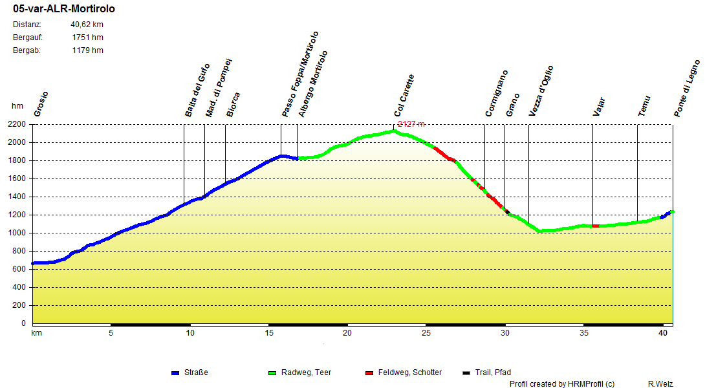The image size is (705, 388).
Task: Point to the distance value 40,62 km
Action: coord(87,25)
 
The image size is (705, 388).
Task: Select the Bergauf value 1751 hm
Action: coord(87,38)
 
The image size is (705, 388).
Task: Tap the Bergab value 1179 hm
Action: coord(87,50)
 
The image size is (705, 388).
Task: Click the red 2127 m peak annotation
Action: coord(411,124)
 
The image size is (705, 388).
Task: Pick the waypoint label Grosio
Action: coord(41,103)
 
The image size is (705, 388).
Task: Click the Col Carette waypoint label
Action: coord(404,96)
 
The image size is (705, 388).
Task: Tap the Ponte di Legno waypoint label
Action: coord(687,89)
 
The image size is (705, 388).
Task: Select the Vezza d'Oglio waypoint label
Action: coord(541,91)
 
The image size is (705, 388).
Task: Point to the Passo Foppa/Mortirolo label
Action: coord(300,74)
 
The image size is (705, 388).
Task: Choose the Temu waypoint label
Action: coord(644,105)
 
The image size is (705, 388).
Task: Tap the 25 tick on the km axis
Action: coord(426,333)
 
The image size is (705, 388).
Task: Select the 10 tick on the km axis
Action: coord(190,333)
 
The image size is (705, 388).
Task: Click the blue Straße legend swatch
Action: coord(175,373)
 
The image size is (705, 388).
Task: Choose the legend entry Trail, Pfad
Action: coord(492,372)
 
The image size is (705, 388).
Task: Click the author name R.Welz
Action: coord(660,384)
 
